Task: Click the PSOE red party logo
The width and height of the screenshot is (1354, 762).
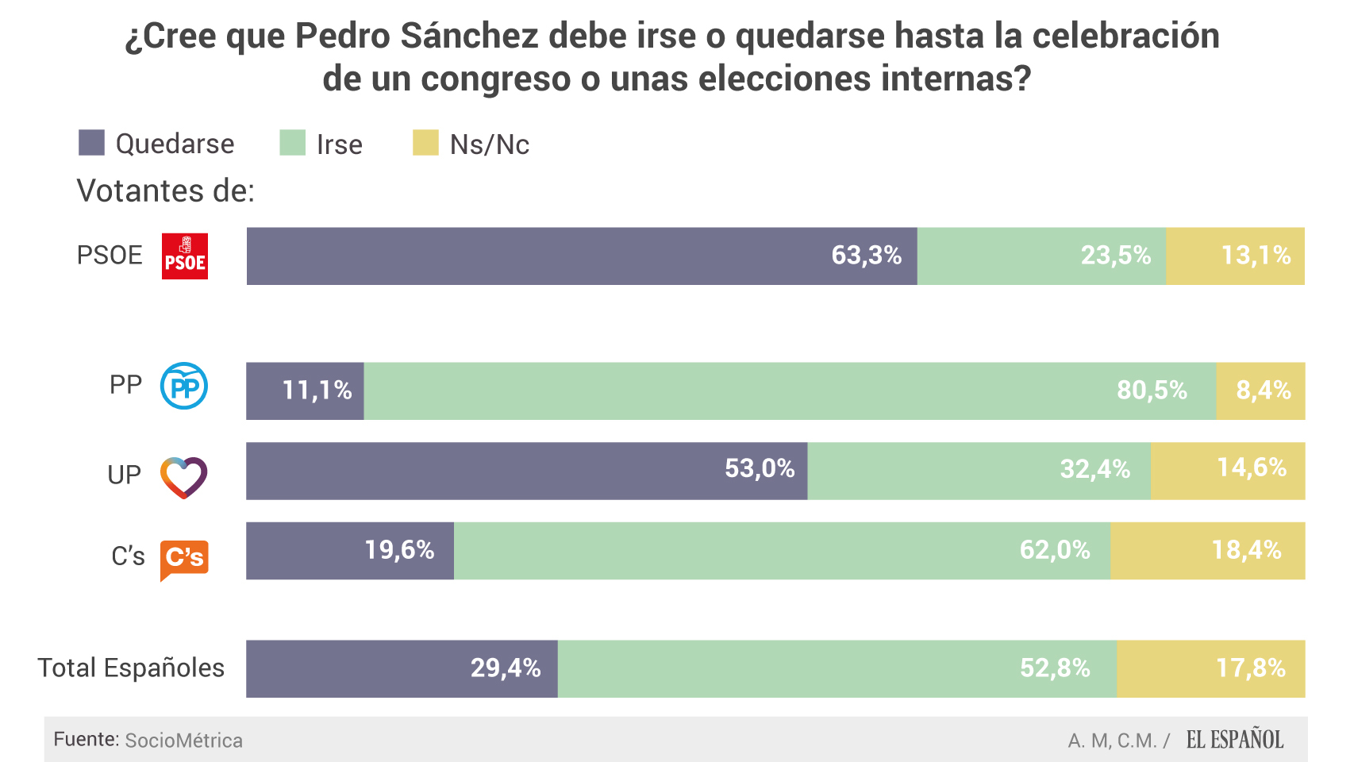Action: tap(185, 256)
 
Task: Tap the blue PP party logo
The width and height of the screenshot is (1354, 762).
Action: tap(184, 387)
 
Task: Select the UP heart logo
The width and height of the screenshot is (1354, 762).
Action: tap(183, 477)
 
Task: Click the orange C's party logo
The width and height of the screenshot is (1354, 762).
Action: tap(184, 558)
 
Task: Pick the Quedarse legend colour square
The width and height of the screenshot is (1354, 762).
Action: tap(92, 143)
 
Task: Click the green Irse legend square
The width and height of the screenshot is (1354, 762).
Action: tap(292, 143)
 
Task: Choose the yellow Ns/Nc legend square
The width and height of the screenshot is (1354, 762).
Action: tap(425, 143)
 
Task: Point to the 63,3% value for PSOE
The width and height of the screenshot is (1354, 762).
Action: tap(866, 256)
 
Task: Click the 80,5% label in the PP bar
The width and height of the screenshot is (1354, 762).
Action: tap(1152, 391)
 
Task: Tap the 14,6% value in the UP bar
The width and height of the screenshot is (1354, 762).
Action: tap(1252, 468)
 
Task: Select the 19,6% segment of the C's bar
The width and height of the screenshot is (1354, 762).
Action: tap(350, 550)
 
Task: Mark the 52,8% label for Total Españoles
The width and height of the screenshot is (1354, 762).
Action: tap(1055, 668)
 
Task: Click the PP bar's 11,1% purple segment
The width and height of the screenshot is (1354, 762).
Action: tap(306, 391)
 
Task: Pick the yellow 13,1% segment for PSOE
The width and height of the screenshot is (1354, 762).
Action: tap(1235, 256)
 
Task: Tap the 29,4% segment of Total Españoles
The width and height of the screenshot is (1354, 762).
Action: tap(402, 668)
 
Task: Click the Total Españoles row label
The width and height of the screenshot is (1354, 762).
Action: tap(131, 668)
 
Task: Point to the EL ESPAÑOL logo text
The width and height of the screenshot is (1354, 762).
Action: tap(1234, 740)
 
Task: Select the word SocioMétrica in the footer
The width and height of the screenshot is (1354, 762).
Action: tap(184, 741)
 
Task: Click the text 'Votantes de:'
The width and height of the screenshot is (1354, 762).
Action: tap(165, 191)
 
